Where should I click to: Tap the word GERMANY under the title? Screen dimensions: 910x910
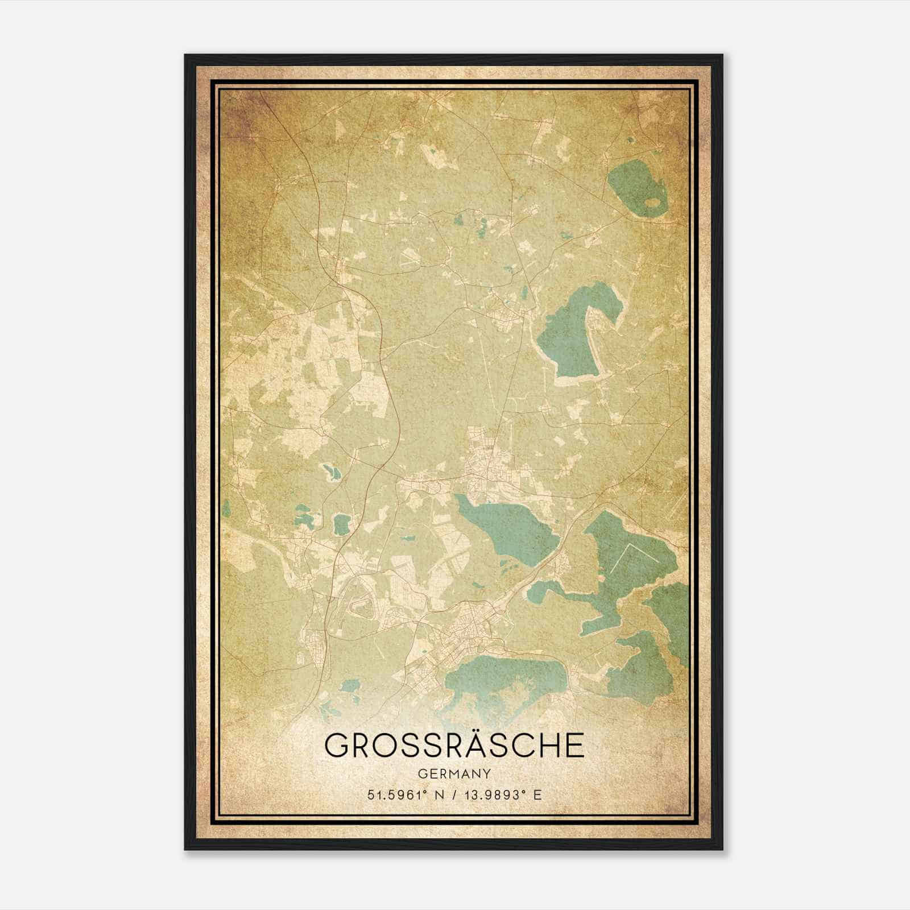[x=454, y=773]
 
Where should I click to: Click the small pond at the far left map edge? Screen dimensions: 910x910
[x=226, y=506]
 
